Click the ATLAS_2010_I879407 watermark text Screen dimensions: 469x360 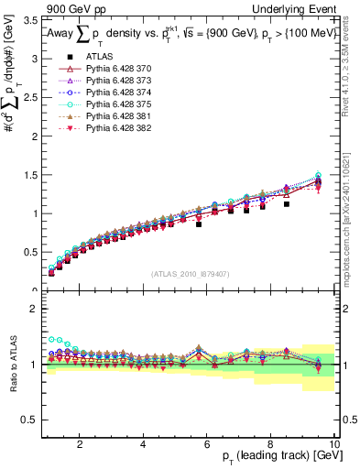191,274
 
